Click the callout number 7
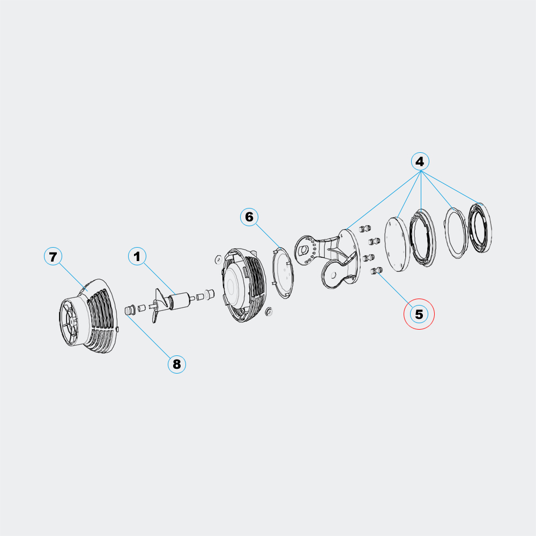[x=53, y=257]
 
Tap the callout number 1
[x=137, y=256]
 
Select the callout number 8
[x=177, y=364]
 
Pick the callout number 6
[x=249, y=217]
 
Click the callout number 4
[x=420, y=161]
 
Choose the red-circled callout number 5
[x=419, y=314]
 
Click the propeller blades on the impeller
[x=158, y=306]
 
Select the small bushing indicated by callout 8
[x=130, y=310]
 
